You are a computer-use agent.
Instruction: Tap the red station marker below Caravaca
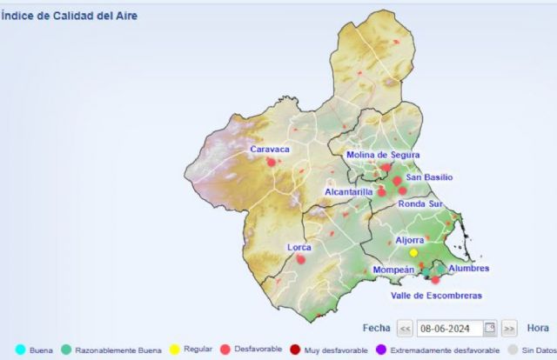pos(271,162)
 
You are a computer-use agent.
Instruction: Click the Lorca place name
pos(299,248)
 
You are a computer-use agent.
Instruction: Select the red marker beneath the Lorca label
pos(301,258)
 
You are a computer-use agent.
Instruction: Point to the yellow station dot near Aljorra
pos(413,252)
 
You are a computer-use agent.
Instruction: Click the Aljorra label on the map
pos(409,240)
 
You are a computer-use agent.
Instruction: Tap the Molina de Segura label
pos(383,155)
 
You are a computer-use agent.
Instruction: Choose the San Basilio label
pos(429,177)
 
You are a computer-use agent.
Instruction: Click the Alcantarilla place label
pos(348,191)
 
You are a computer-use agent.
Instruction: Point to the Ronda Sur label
pos(420,203)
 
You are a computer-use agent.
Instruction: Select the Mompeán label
pos(393,270)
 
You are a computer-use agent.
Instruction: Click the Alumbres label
pos(468,269)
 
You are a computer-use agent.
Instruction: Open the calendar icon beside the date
pos(490,329)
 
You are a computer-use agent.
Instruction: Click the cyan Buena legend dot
pos(19,350)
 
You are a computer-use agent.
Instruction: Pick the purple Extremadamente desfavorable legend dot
pos(381,350)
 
